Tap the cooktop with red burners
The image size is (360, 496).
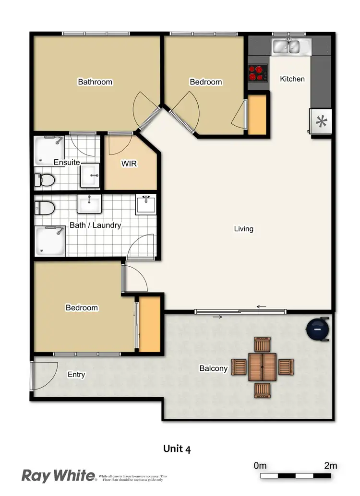point(258,73)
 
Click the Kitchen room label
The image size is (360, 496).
point(292,79)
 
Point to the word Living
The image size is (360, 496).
point(243,229)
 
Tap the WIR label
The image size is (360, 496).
point(130,164)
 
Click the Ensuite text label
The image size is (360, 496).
point(67,162)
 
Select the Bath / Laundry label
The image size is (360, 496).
point(96,225)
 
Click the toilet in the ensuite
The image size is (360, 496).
point(45,180)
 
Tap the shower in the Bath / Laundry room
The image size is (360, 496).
point(50,241)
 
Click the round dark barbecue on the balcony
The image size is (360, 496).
point(317,330)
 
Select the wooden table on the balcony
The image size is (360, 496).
point(263,367)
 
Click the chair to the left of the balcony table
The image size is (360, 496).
point(239,367)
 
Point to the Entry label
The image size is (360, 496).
point(76,374)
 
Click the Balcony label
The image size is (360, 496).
point(214,368)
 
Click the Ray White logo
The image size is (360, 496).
point(59,475)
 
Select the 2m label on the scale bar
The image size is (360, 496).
point(330,465)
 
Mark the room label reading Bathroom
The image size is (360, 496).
point(95,82)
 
